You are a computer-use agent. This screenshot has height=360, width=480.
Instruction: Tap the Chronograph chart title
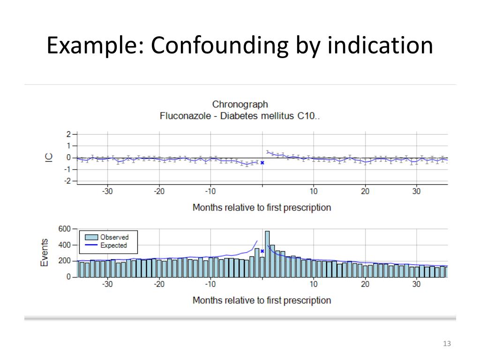point(240,104)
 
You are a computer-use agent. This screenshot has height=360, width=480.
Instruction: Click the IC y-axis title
point(49,157)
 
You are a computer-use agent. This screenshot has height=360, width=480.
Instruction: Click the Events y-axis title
point(45,253)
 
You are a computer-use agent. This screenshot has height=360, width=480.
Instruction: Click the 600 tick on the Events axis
point(65,229)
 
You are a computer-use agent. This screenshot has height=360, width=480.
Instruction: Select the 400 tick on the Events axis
point(65,245)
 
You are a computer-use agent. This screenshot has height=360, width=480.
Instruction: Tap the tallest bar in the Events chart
point(267,254)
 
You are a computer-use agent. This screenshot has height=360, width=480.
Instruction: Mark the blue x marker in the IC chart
point(262,163)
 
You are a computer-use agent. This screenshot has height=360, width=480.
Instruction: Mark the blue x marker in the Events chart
point(262,251)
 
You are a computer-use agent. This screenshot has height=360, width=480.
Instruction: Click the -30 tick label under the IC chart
point(107,191)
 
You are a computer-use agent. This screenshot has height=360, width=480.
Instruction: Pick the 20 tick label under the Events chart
point(365,284)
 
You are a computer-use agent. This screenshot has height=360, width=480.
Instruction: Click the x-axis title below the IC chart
point(262,207)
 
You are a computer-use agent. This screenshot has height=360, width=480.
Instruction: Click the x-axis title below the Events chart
point(262,300)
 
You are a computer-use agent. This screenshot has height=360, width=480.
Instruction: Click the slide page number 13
point(446,344)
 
